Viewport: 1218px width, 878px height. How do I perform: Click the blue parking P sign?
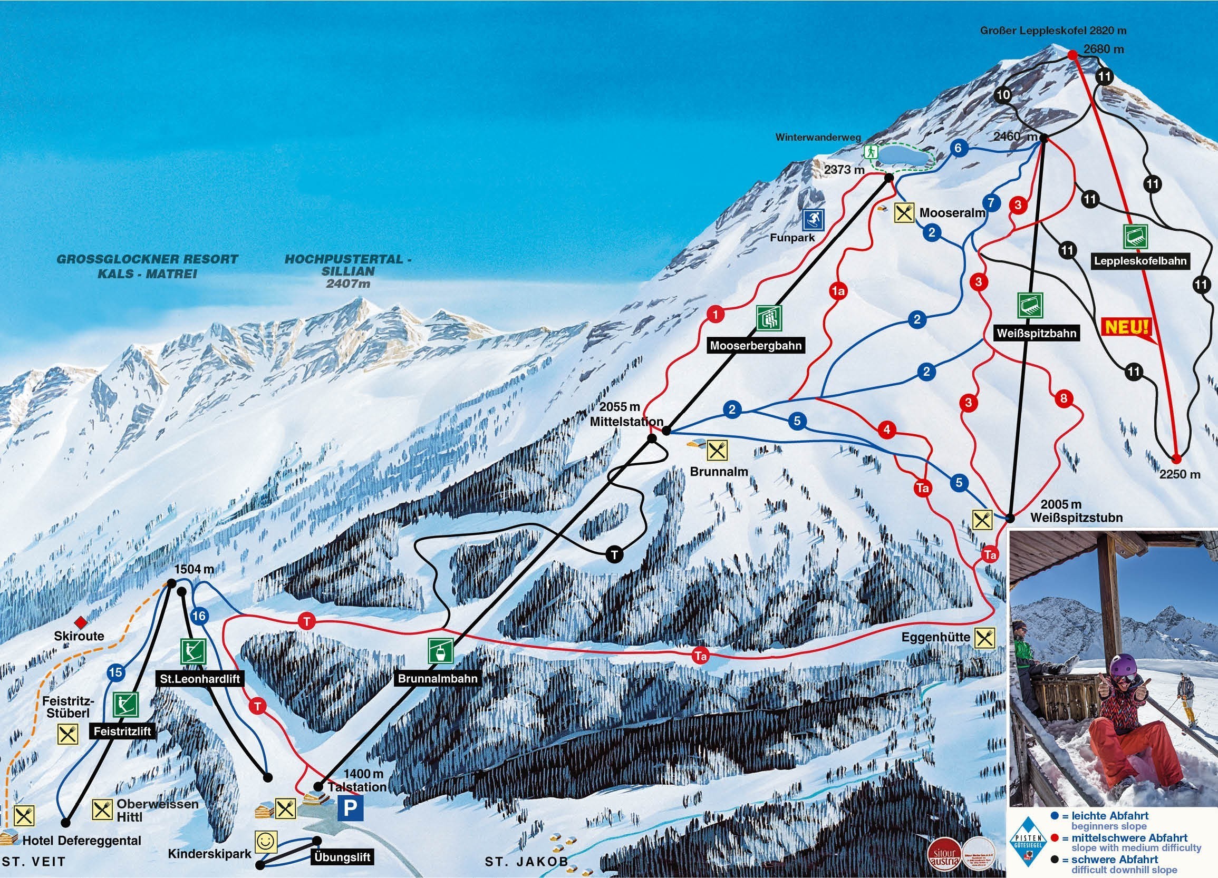click(350, 807)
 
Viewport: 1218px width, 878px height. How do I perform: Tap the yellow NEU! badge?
click(1127, 327)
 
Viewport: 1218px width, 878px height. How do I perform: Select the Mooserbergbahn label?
click(756, 346)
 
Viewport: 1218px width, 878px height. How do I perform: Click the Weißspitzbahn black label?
click(1037, 333)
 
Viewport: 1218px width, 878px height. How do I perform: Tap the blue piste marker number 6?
click(958, 148)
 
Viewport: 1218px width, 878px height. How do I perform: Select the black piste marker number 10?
click(1003, 95)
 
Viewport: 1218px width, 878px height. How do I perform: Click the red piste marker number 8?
click(1064, 398)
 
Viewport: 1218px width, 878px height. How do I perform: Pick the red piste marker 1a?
click(838, 291)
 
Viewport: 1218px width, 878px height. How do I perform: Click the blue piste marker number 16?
click(199, 616)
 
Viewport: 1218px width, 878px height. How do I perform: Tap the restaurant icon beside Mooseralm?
click(904, 212)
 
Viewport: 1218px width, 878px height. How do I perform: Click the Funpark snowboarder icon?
click(814, 219)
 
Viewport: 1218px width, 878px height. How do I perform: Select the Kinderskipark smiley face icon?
click(266, 842)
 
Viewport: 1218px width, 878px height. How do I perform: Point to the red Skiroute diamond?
click(81, 622)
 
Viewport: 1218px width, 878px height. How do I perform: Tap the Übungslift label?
click(342, 857)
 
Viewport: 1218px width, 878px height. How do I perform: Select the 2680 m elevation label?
click(1103, 50)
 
